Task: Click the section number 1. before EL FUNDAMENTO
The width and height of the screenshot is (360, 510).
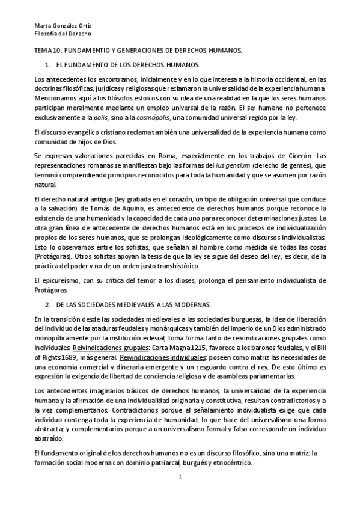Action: tap(47, 64)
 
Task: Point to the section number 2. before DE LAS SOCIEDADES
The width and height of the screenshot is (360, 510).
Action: tap(47, 306)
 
